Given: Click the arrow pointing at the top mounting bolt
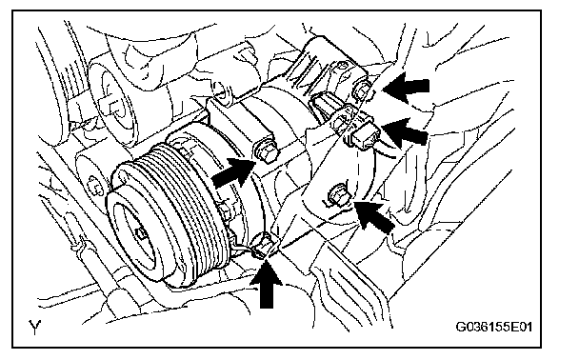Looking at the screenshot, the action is point(406,88).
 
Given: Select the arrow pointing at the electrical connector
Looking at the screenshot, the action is point(404,130).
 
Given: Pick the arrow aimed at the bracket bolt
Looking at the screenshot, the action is point(373,216).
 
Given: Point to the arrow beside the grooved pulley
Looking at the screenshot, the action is point(233,172).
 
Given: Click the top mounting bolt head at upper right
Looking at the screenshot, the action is point(362,90).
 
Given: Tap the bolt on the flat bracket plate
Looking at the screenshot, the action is point(338,194).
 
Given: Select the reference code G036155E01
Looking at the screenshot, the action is point(493,327).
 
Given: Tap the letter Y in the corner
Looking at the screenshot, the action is point(34,327).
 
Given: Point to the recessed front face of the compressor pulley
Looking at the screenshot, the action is point(135,236).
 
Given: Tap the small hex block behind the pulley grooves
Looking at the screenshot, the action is point(224,212).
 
